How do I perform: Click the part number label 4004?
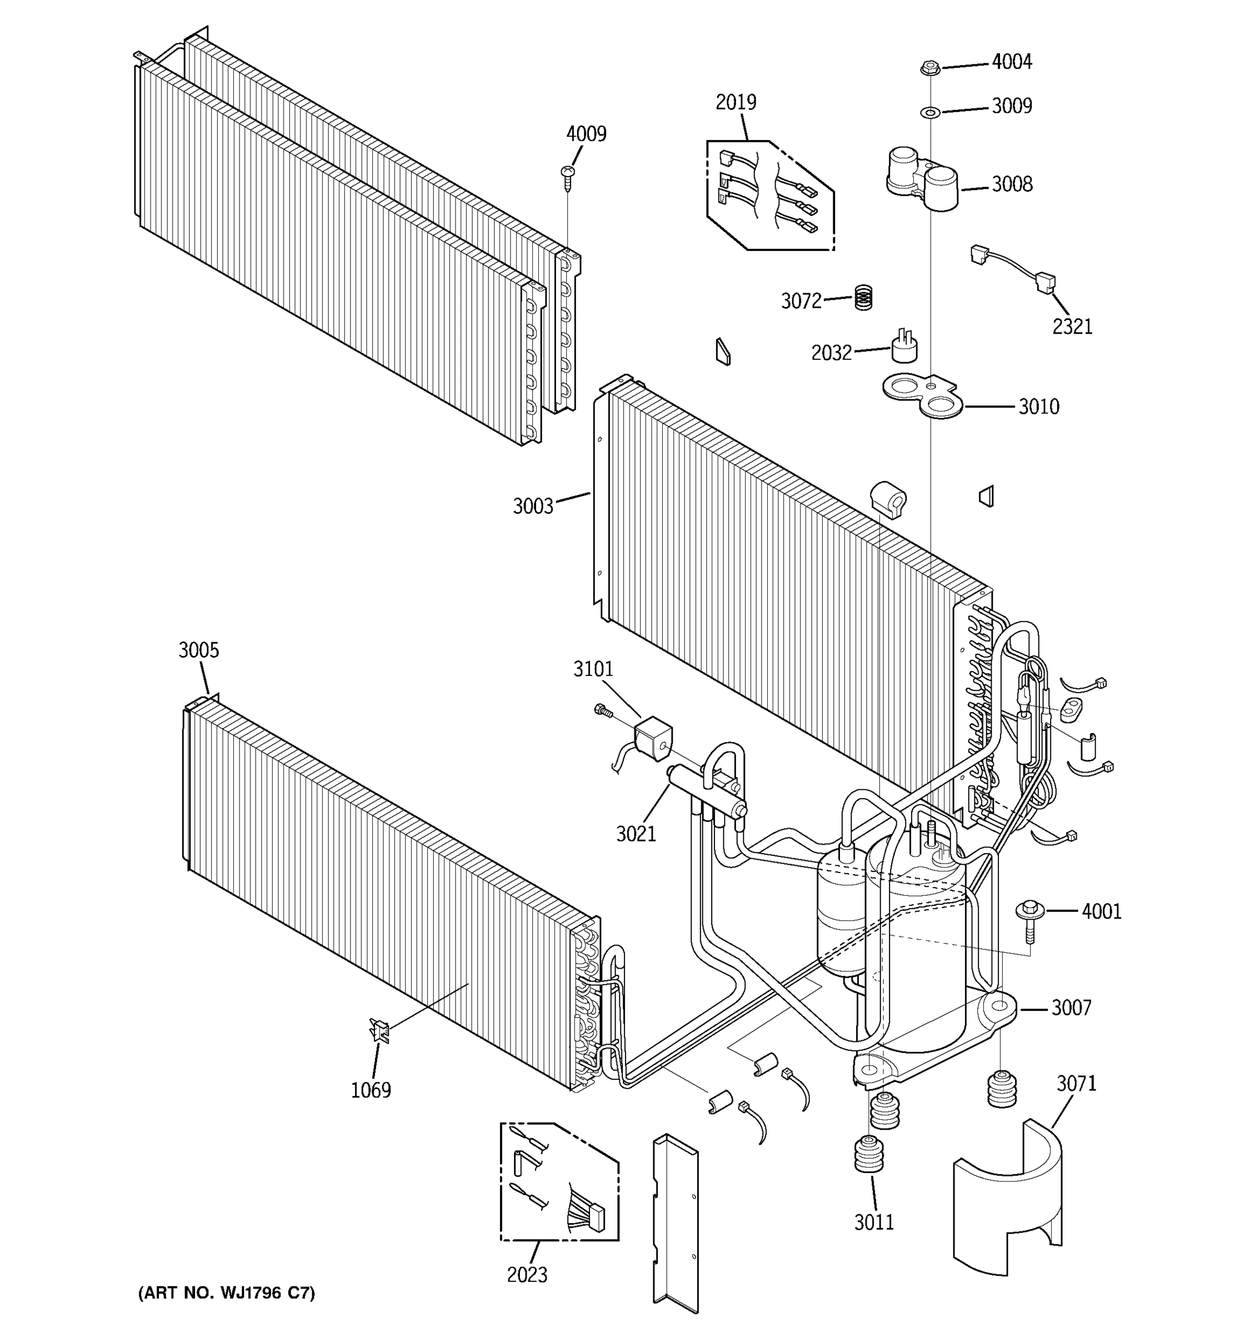(1011, 62)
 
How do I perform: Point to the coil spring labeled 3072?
(864, 297)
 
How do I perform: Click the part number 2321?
(1072, 327)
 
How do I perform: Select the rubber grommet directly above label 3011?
(868, 1155)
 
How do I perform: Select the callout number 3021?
(636, 834)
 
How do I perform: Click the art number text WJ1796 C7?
(226, 1293)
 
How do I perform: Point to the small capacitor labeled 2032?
(904, 347)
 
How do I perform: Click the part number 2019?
(735, 102)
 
